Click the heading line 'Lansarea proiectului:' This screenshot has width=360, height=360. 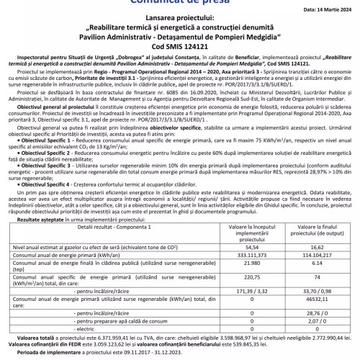tap(180, 25)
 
